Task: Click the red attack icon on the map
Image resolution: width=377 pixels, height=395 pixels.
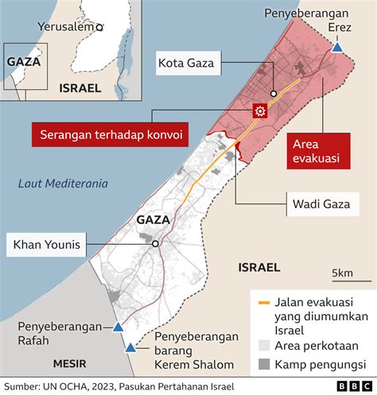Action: point(258,111)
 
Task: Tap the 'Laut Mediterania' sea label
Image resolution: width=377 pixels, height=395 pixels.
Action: point(63,184)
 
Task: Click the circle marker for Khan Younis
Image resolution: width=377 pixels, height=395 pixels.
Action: point(156,244)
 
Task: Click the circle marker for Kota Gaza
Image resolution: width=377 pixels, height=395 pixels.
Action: point(273,92)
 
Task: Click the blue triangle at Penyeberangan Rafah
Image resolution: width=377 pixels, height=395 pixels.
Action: point(118,327)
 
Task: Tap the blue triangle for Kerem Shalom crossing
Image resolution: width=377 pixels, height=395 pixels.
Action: point(130,347)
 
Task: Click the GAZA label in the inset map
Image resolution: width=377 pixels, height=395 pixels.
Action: point(23,60)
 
